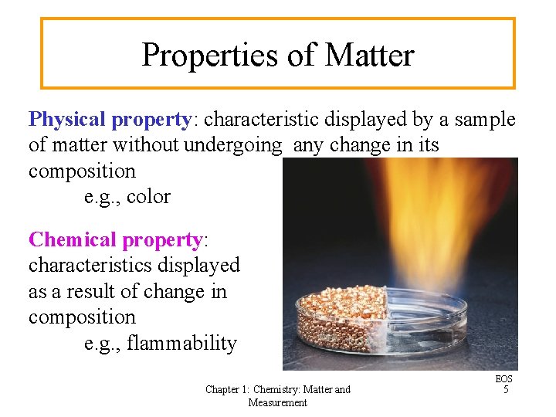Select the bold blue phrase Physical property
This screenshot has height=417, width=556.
point(109,120)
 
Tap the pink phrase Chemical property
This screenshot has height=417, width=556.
point(114,240)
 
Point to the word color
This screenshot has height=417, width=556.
point(148,197)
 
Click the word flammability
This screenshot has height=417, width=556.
point(181,343)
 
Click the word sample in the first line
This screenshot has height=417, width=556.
point(486,120)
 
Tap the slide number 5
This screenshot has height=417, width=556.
point(506,390)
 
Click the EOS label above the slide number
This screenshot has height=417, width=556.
point(504,379)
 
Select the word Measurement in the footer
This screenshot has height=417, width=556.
point(278,402)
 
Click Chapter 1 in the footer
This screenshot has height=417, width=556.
point(228,390)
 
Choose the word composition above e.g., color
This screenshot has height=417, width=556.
point(82,171)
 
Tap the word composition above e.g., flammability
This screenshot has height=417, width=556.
point(82,317)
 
